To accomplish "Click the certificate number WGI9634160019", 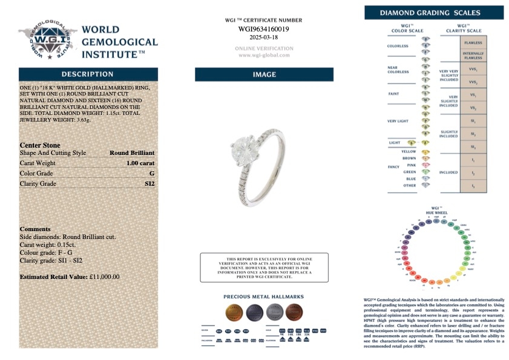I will point(263,28).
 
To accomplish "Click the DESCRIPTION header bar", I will point(88,74).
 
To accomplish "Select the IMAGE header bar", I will point(264,74).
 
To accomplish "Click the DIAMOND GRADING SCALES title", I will point(434,13).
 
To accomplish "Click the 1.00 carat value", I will point(140,163).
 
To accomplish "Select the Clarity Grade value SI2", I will point(149,183).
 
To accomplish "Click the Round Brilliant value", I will point(131,153).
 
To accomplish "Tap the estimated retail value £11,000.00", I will point(104,277).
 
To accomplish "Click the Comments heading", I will point(35,229).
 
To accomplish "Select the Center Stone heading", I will point(41,145).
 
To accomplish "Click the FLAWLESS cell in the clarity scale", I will point(473,43).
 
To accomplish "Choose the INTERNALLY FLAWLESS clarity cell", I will point(473,55).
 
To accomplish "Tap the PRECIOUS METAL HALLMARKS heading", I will point(263,297).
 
